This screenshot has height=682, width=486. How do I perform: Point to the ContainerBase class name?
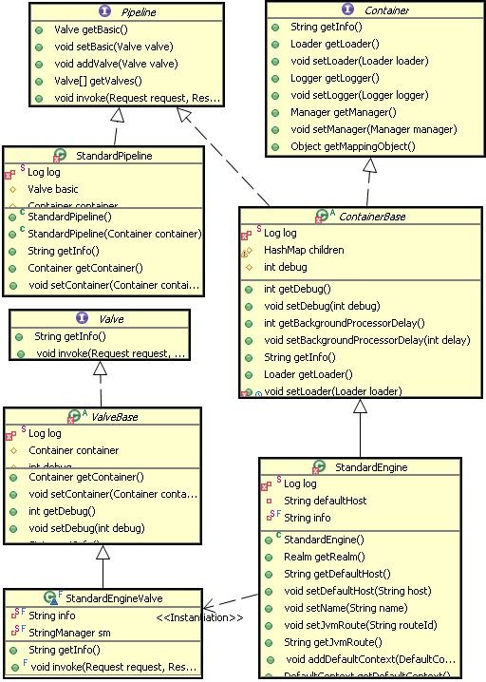(359, 216)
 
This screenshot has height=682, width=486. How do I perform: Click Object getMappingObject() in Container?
(352, 146)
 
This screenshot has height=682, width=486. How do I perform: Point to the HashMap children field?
(303, 250)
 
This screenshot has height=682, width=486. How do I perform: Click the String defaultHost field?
(325, 501)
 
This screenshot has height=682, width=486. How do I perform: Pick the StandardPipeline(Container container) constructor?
(114, 234)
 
